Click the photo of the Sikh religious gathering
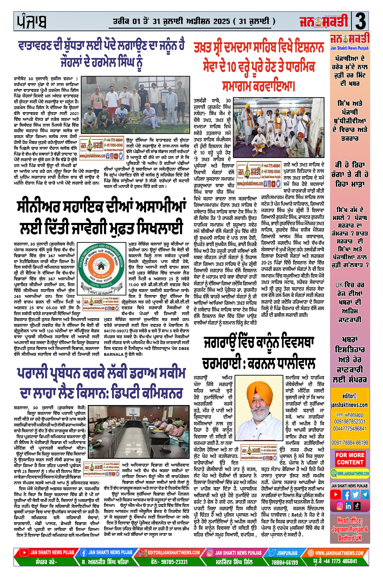coord(278,128)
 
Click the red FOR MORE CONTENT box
coord(350,459)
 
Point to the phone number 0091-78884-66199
coord(350,442)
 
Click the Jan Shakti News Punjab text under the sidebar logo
coord(350,48)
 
